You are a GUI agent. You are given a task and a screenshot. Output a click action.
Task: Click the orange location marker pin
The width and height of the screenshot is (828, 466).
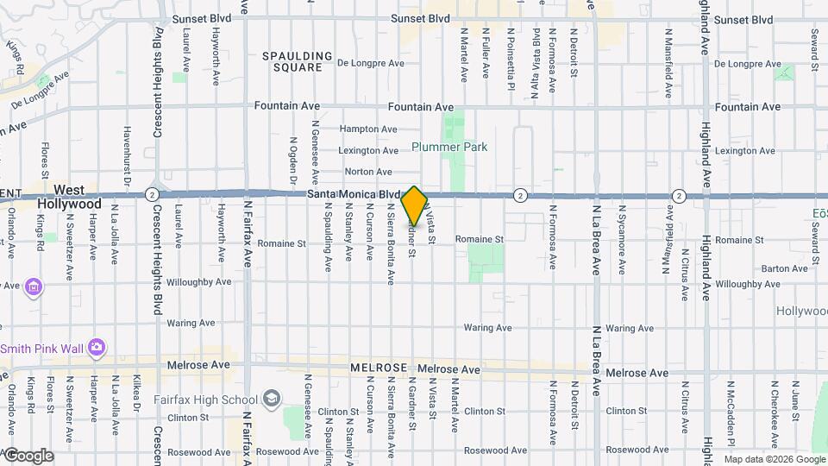click(x=414, y=205)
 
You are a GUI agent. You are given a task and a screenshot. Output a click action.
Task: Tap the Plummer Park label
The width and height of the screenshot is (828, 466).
click(x=449, y=148)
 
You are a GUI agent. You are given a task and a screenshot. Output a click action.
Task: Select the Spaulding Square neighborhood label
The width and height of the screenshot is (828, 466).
click(x=297, y=62)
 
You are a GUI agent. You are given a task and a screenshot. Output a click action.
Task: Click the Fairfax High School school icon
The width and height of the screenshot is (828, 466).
click(x=272, y=399)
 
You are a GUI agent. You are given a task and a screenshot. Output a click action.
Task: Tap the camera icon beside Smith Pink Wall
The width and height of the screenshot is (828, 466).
click(x=97, y=347)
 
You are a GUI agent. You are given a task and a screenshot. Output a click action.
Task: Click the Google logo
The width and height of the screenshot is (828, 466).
click(x=28, y=456)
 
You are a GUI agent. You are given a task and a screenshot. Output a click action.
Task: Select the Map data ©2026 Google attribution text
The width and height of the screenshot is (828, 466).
click(x=774, y=459)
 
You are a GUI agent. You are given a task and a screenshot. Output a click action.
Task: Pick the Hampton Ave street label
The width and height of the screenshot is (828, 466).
click(x=368, y=129)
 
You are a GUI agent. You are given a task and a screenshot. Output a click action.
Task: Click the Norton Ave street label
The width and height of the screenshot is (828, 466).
click(x=369, y=172)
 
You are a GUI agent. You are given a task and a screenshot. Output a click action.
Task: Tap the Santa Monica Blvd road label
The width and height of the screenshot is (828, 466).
click(x=354, y=195)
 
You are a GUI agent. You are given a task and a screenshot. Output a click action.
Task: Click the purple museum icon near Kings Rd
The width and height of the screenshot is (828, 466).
click(x=34, y=286)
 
